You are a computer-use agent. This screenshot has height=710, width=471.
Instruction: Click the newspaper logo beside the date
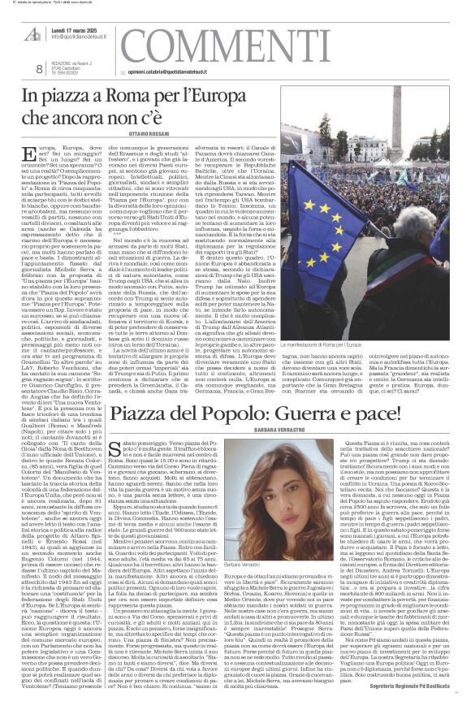(x=28, y=21)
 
